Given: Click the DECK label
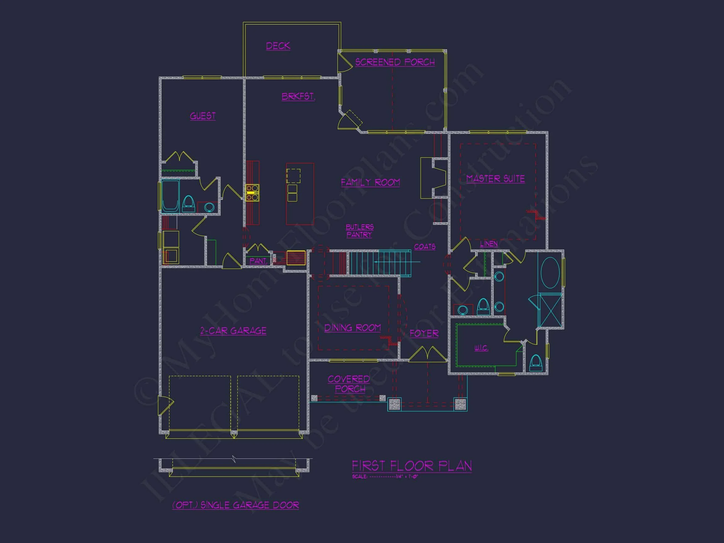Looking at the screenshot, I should pos(278,46).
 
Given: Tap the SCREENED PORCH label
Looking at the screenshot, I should pos(395,62).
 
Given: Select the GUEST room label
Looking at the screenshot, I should pos(203,116).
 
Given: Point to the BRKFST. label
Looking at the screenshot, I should pos(298,96).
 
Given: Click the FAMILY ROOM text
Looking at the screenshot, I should pos(370,182).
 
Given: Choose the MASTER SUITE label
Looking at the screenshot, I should pos(495,179).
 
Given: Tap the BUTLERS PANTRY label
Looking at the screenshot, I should pos(359,231).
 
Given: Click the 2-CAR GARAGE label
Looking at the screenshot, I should pos(233,331).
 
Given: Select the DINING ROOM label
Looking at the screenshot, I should pos(352,328).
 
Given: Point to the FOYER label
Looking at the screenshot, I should pos(424,333).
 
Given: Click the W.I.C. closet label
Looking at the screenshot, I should pos(481,348).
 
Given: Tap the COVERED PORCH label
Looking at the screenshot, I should pos(349,384).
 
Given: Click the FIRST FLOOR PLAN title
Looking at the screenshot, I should pos(411,466).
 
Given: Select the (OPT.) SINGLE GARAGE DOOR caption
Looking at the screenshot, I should pos(235,505).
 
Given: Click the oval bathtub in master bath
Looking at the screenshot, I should pos(550,273).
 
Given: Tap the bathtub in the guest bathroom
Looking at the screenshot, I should pos(170,196).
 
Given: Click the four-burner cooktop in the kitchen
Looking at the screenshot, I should pos(252,193).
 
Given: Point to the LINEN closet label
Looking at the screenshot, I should pos(489,244).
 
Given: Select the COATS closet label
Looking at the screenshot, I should pos(425,246).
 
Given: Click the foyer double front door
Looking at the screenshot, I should pos(427,355).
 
